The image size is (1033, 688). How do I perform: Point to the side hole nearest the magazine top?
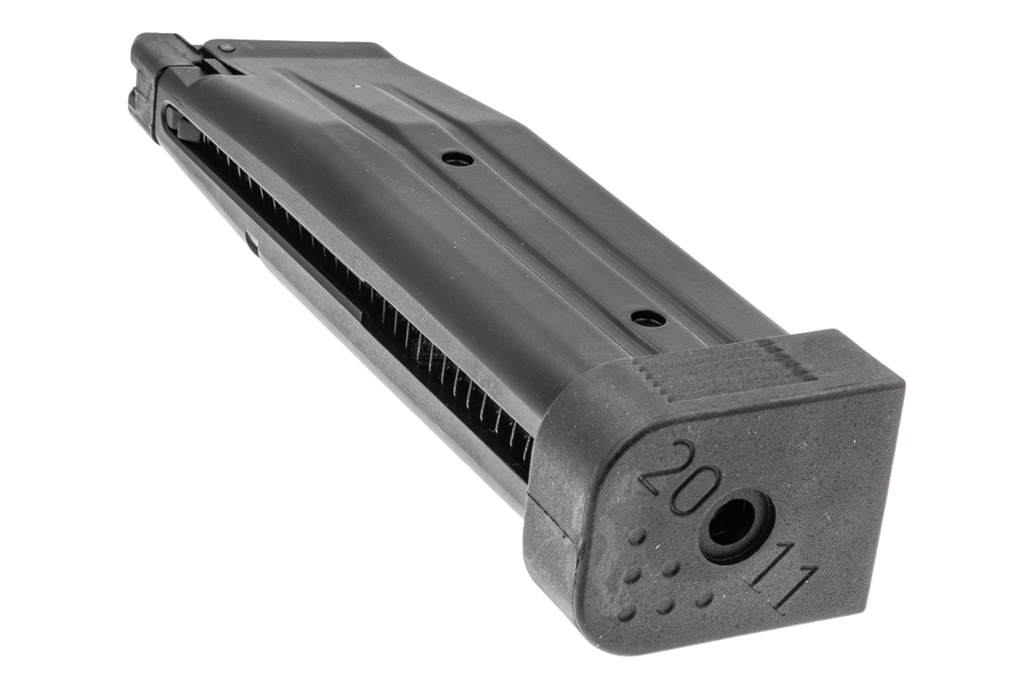(x=457, y=158)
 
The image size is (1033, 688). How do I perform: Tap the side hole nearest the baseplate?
(x=647, y=318)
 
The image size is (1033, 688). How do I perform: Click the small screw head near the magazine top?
(x=228, y=46)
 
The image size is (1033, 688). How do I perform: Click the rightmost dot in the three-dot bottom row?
(x=703, y=599)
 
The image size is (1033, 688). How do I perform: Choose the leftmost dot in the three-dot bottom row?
(x=627, y=612)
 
